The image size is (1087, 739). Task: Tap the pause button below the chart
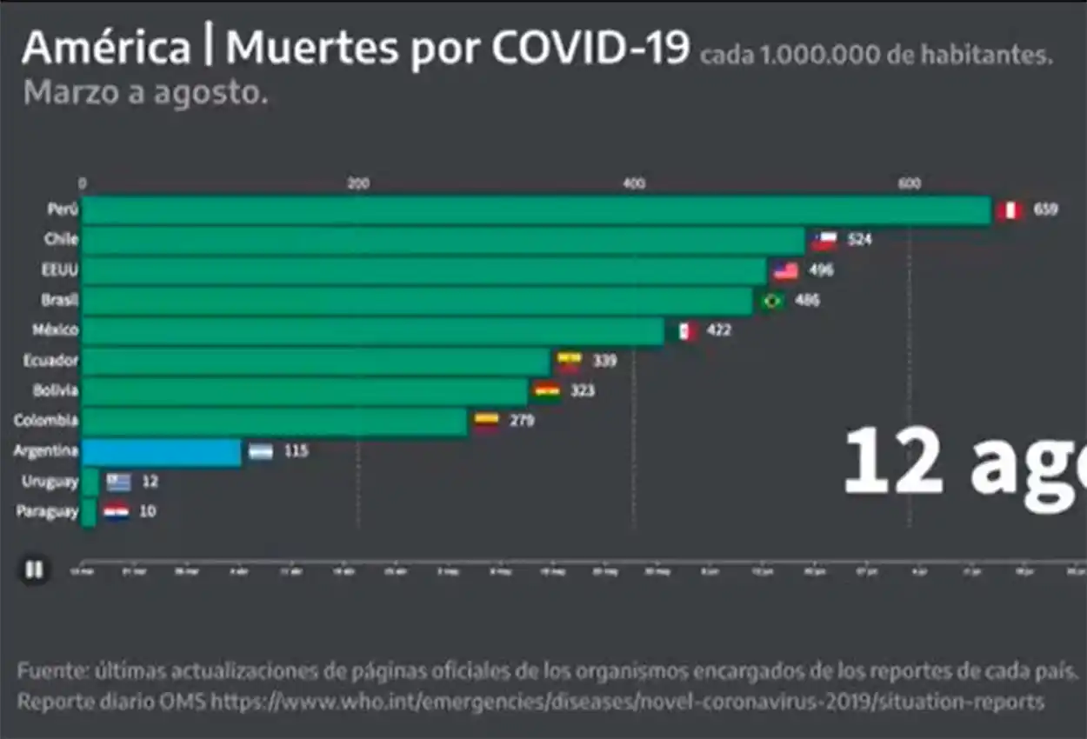click(x=34, y=570)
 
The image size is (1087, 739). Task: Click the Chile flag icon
click(x=824, y=240)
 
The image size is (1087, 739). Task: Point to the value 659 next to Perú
click(x=1045, y=210)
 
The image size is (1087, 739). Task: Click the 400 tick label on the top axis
click(x=634, y=183)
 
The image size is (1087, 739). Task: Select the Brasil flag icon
click(x=771, y=301)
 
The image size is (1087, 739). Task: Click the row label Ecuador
click(x=50, y=360)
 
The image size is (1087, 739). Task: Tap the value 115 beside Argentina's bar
click(x=297, y=451)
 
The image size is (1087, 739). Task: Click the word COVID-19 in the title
click(x=590, y=50)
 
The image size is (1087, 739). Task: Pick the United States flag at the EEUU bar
click(x=785, y=270)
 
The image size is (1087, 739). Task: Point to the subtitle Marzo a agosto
click(x=145, y=93)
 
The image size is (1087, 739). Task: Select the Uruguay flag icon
click(x=118, y=482)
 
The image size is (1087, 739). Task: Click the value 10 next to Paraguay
click(x=148, y=511)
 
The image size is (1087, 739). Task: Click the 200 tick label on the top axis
click(x=357, y=183)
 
